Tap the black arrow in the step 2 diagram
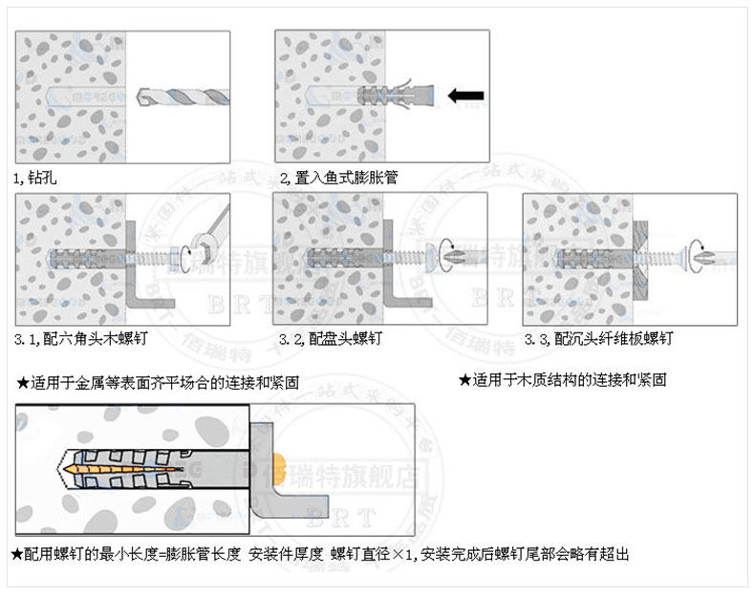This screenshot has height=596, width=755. coord(466,96)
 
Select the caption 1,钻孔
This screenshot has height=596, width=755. coord(35,178)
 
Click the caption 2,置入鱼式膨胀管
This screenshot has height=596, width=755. coord(339,178)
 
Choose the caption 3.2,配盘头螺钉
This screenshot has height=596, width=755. coord(331,339)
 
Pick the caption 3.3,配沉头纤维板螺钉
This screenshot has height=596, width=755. coord(600,339)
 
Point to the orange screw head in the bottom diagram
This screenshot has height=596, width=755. coord(279,468)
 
